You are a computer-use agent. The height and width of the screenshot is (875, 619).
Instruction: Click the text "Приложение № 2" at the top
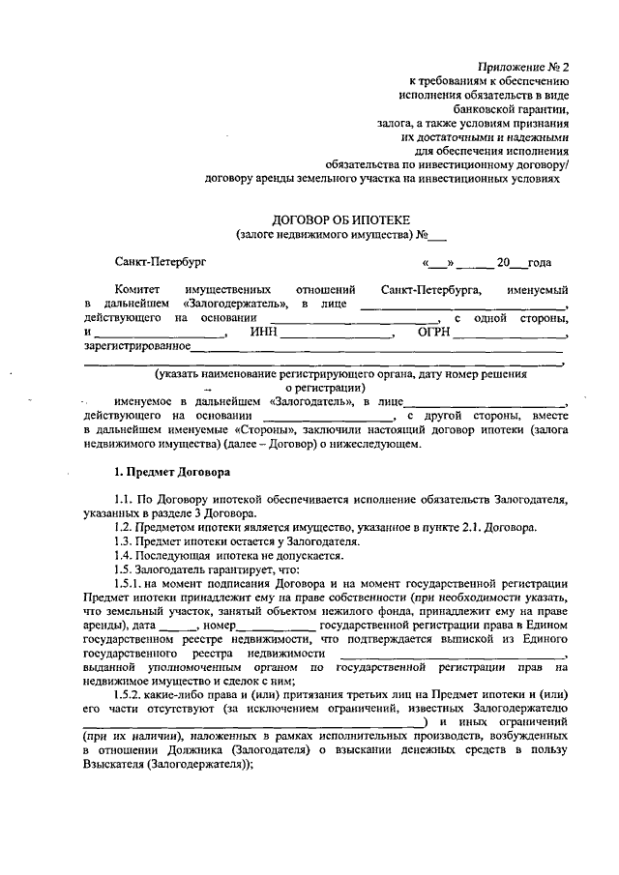pos(524,67)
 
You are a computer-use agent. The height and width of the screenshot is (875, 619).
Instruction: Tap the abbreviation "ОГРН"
pos(431,332)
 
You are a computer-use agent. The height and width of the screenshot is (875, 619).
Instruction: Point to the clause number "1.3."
pos(125,541)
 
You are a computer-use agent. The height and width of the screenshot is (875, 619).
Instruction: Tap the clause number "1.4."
pos(125,556)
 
